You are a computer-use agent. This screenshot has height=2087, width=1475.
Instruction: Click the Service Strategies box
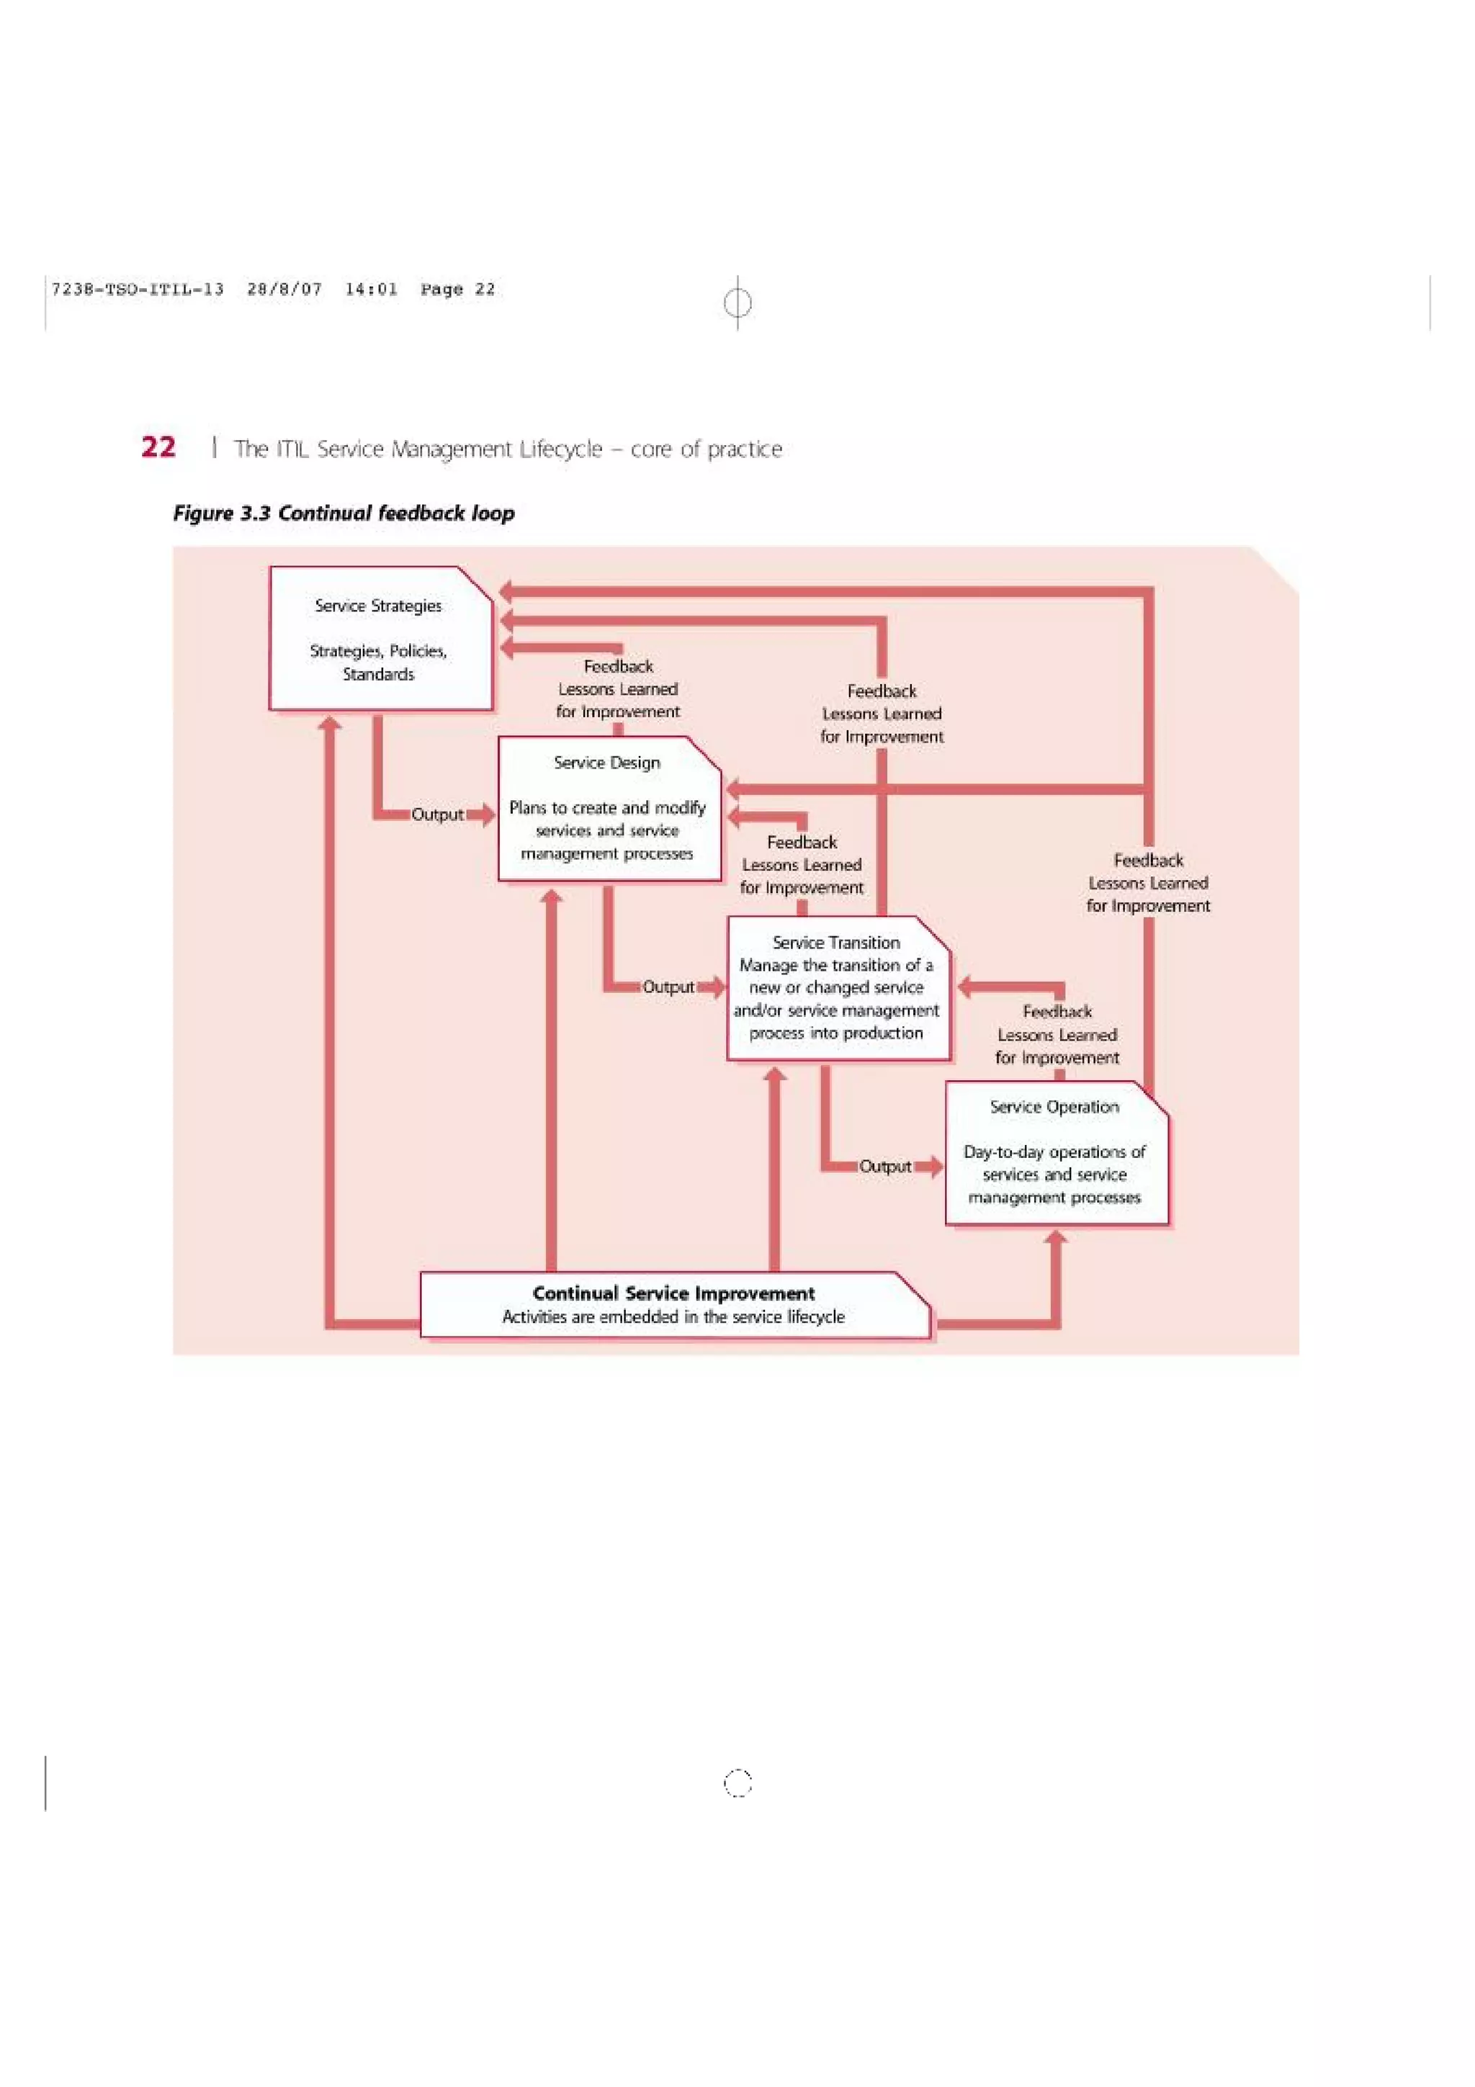click(x=380, y=638)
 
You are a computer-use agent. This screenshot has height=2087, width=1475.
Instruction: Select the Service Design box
click(x=608, y=808)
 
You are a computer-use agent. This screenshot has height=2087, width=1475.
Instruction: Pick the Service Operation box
click(x=1055, y=1152)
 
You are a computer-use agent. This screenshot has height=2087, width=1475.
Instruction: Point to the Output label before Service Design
click(x=437, y=814)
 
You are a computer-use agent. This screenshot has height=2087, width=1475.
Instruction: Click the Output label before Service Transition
click(x=668, y=987)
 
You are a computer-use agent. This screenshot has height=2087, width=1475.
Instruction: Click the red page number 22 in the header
click(x=158, y=447)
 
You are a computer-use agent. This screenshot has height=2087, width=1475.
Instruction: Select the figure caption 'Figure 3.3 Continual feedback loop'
click(x=344, y=513)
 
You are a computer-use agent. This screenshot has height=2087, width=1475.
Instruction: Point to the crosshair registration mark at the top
click(x=737, y=302)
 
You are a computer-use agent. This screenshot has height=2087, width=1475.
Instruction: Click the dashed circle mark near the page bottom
click(x=737, y=1783)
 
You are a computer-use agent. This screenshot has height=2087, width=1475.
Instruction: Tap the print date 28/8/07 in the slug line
click(x=284, y=289)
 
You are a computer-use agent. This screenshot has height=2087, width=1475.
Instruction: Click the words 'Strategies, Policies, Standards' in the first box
click(x=378, y=663)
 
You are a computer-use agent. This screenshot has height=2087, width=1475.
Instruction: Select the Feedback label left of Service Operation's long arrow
click(x=1148, y=883)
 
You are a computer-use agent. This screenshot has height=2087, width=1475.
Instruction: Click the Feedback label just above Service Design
click(x=618, y=689)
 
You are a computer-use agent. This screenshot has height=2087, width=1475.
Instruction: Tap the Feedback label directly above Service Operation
click(x=1057, y=1034)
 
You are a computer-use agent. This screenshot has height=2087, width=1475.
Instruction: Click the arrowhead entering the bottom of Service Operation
click(x=1056, y=1237)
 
